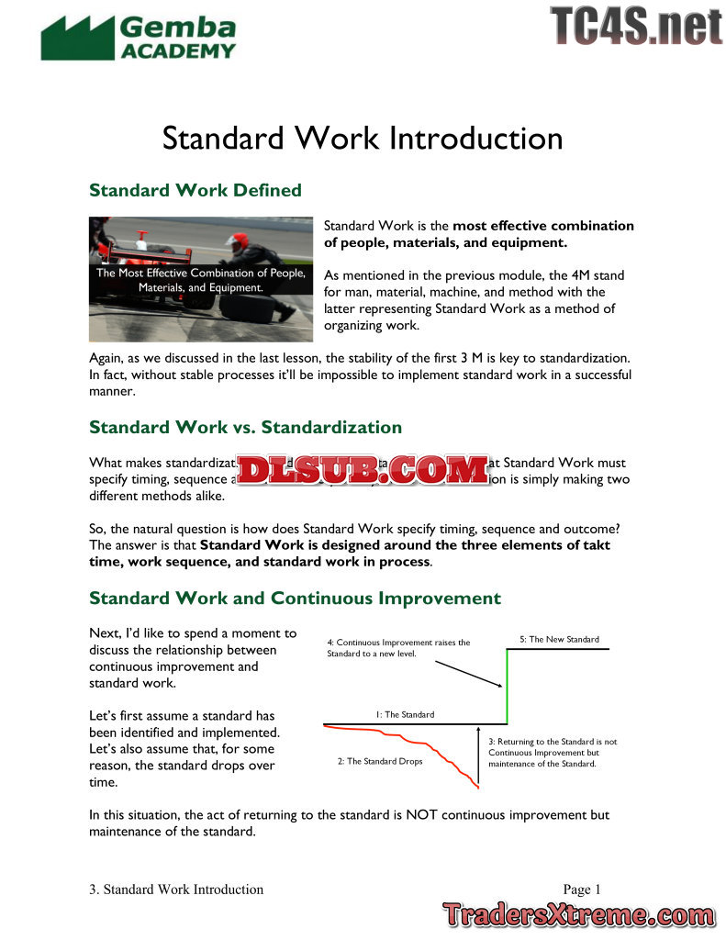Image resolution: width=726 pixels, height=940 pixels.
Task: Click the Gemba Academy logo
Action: click(x=138, y=38)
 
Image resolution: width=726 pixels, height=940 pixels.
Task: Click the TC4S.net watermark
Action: click(x=636, y=26)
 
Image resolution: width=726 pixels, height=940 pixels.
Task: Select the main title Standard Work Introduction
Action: click(x=363, y=139)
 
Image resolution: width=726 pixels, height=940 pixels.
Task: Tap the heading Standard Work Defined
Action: click(x=195, y=190)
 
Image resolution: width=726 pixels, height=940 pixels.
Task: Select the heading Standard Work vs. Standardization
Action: click(x=245, y=427)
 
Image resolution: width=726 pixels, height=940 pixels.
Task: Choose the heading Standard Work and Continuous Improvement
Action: click(x=295, y=599)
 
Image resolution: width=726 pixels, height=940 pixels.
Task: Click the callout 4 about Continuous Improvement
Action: click(x=398, y=648)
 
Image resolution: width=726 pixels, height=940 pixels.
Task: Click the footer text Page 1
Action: click(x=582, y=889)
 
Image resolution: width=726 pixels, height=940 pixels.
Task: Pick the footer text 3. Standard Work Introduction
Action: click(x=176, y=889)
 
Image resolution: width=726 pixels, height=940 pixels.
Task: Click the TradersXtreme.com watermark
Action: click(x=578, y=915)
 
